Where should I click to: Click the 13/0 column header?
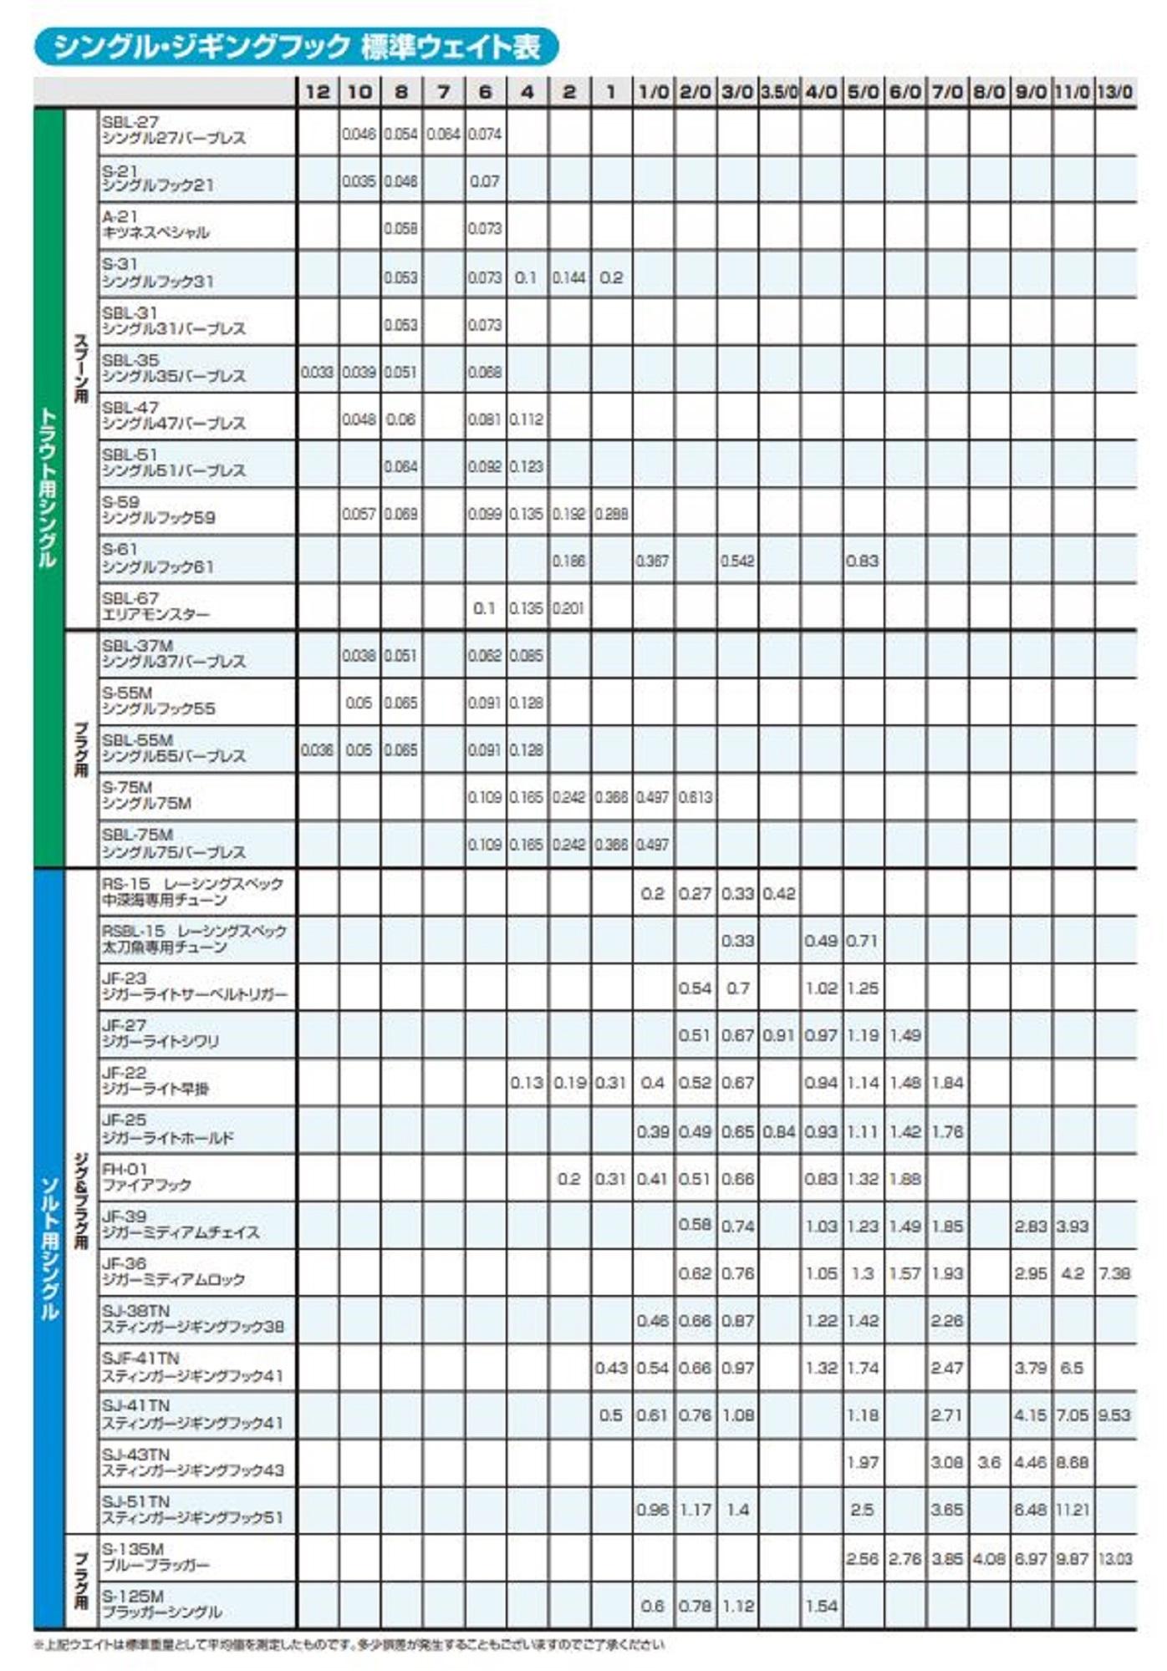click(x=1114, y=92)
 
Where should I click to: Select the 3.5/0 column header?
click(x=779, y=92)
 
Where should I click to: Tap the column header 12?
click(x=318, y=92)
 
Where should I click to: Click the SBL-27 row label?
click(x=174, y=130)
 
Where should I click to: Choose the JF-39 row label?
click(x=180, y=1224)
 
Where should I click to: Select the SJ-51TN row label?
click(x=192, y=1509)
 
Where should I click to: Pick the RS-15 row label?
click(x=192, y=891)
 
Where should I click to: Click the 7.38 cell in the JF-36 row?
click(x=1114, y=1273)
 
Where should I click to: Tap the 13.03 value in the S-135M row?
click(x=1114, y=1558)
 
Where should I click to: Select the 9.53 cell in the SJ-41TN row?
click(x=1114, y=1415)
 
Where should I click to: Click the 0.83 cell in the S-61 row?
click(x=862, y=561)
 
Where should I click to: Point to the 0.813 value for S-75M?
click(x=695, y=797)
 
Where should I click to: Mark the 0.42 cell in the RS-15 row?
click(x=779, y=893)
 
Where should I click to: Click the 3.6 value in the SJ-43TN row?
click(x=989, y=1462)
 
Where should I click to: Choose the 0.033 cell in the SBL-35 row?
click(x=317, y=372)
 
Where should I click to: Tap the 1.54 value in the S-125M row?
click(x=821, y=1606)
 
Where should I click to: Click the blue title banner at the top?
click(x=296, y=47)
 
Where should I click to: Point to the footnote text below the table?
click(x=349, y=1644)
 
